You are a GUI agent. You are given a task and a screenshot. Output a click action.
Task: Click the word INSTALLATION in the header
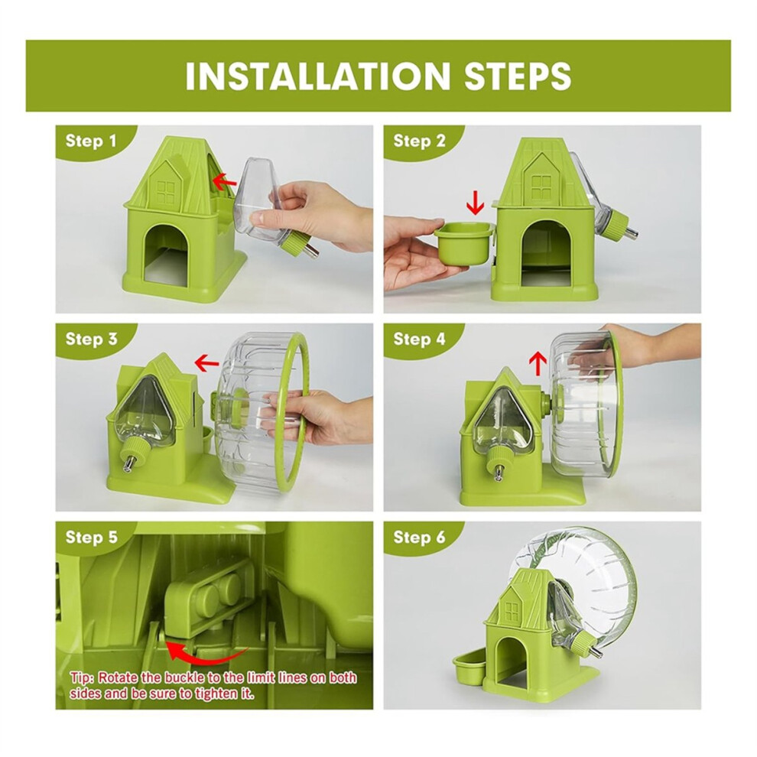tap(317, 75)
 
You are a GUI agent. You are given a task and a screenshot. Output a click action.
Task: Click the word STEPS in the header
tap(518, 75)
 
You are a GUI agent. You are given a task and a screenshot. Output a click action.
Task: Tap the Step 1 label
tap(91, 141)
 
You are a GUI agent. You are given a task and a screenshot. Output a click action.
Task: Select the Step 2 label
tap(419, 141)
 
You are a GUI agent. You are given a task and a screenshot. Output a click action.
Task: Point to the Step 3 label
tap(91, 339)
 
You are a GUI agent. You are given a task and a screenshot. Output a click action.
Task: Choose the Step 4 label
tap(419, 339)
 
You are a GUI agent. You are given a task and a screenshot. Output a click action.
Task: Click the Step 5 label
tap(91, 537)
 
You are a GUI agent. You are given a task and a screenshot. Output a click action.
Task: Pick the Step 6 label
tap(419, 537)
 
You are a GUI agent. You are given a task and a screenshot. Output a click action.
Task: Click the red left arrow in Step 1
tap(224, 182)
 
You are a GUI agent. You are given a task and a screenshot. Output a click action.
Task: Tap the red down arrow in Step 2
tap(476, 203)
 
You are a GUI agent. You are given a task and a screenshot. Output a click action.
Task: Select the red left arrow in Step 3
tap(206, 362)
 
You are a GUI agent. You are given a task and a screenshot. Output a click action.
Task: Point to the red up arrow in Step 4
tap(538, 362)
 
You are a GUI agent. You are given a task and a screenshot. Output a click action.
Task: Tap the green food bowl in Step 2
tap(464, 244)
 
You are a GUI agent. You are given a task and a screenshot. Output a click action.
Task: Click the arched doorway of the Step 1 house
tap(166, 256)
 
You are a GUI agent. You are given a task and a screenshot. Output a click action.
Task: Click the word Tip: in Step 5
tap(83, 677)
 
